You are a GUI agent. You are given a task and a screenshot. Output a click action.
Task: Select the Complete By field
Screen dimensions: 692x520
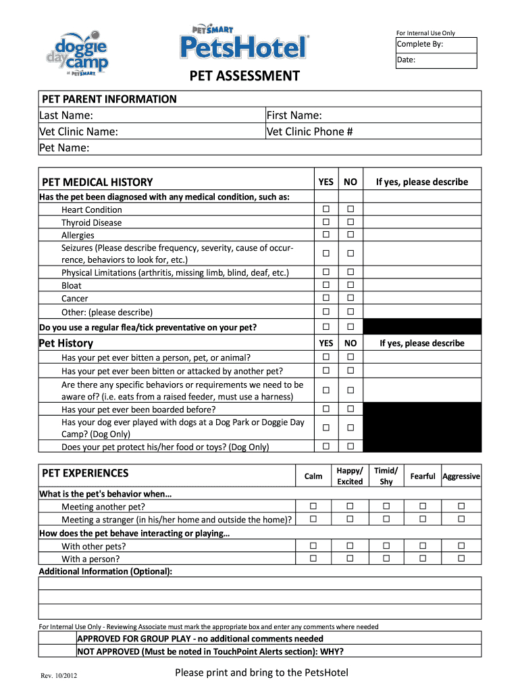[x=436, y=45]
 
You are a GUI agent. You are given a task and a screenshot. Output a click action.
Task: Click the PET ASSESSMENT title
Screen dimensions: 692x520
[x=244, y=76]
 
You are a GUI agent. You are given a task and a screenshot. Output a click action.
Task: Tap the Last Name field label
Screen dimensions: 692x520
[x=66, y=116]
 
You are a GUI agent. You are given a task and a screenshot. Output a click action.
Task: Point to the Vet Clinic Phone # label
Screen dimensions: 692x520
[x=310, y=131]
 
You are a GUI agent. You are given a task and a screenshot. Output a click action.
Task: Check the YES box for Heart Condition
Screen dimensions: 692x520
[x=326, y=209]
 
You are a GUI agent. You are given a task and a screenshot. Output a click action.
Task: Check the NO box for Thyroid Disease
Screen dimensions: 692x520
[x=350, y=222]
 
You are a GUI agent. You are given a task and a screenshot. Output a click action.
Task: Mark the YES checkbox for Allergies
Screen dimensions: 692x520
[x=326, y=234]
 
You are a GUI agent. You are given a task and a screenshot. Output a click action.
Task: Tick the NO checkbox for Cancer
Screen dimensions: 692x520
[x=350, y=298]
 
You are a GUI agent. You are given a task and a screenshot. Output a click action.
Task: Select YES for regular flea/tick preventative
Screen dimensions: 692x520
[x=326, y=327]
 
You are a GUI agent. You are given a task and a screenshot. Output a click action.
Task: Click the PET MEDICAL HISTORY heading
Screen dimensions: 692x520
[x=97, y=182]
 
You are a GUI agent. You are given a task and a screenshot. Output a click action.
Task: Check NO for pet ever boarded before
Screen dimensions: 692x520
[x=350, y=409]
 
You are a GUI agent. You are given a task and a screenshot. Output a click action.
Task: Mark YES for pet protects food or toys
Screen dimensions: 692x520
[x=326, y=446]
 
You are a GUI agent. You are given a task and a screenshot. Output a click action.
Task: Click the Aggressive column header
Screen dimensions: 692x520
[x=461, y=476]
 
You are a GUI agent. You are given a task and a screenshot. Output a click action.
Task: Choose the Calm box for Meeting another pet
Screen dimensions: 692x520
[x=313, y=506]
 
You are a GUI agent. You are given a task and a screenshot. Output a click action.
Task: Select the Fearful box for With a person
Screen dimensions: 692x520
[x=423, y=558]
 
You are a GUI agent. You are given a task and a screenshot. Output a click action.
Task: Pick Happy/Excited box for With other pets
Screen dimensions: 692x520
[x=350, y=545]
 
